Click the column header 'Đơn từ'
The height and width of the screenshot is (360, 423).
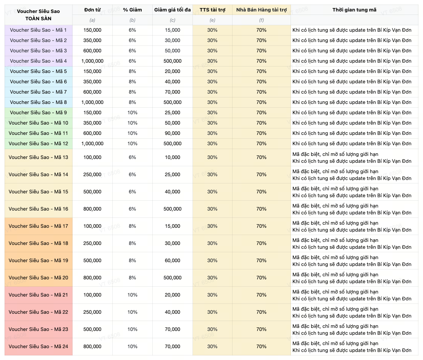click(92, 10)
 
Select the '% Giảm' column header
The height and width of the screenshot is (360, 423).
click(132, 10)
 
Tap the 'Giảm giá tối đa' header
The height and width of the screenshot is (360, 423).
click(173, 10)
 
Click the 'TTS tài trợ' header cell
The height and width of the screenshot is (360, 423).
click(213, 10)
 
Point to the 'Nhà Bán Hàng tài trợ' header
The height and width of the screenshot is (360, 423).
click(262, 10)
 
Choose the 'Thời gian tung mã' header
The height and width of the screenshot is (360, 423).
click(354, 10)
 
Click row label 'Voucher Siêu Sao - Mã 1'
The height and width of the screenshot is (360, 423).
click(38, 30)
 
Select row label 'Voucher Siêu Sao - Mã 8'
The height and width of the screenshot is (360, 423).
click(38, 102)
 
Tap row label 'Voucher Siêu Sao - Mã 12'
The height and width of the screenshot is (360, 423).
click(38, 144)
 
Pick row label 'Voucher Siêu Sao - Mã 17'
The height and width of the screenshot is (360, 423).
click(38, 226)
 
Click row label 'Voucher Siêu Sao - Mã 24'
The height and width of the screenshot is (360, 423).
click(38, 347)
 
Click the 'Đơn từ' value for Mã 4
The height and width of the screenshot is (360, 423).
click(92, 61)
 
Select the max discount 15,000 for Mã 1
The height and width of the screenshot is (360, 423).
click(173, 30)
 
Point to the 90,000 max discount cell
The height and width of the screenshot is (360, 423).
click(173, 133)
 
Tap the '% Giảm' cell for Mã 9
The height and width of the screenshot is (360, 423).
click(132, 113)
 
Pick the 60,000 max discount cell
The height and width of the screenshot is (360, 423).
click(173, 261)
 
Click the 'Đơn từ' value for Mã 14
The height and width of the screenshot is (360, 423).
click(92, 175)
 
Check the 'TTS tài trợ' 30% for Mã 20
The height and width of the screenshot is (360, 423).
click(213, 278)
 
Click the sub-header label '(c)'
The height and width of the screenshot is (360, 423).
click(173, 20)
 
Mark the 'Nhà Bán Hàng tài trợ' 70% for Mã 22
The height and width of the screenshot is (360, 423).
click(262, 312)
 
